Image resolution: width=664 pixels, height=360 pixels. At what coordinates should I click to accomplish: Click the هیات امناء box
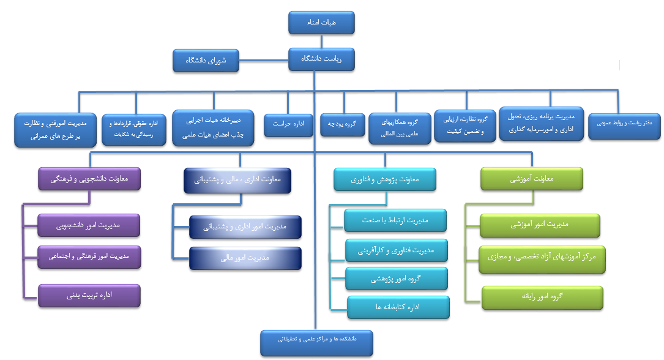[321, 23]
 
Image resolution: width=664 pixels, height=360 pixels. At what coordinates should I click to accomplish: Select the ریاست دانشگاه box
[321, 59]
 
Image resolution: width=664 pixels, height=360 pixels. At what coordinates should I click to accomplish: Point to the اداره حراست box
[288, 124]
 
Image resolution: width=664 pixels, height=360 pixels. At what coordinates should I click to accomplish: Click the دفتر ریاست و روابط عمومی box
[619, 124]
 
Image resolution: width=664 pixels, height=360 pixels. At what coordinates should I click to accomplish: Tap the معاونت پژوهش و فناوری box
[386, 179]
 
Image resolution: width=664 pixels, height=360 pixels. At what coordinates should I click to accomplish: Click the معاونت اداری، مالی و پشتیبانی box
[237, 180]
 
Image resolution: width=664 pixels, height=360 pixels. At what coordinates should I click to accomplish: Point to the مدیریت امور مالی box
[245, 258]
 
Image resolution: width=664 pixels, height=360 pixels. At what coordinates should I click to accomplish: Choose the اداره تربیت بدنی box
[89, 295]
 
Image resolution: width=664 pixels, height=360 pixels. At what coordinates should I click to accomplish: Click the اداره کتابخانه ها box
[398, 307]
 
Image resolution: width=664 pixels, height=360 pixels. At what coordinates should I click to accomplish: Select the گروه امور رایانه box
[542, 297]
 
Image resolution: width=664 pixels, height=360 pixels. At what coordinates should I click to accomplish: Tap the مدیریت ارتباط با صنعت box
[395, 220]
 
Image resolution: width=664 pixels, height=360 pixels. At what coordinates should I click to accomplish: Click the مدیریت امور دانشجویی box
[89, 225]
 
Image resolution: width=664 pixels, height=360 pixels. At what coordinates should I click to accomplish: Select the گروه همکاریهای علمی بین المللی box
[399, 128]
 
